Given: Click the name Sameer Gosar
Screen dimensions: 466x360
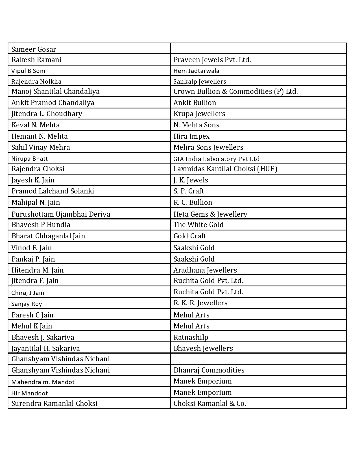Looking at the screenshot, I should pos(34,49).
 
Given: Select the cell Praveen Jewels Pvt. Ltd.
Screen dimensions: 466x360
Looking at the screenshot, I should pos(212,60).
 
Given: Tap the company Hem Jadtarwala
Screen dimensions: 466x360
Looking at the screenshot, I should pos(196,71).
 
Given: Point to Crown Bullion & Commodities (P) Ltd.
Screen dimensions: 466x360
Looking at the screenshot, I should pos(235,92).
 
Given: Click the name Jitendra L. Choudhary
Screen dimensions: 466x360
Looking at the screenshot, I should pos(47,114).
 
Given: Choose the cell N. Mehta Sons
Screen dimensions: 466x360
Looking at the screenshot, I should pos(196,125).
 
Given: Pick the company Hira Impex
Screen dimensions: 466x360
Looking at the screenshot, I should pos(191,136).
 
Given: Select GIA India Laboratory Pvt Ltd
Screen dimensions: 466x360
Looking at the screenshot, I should pos(216,159).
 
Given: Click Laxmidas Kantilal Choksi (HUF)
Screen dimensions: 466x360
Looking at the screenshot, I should pos(225,169).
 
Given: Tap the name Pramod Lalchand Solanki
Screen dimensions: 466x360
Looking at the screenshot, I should pos(53,191).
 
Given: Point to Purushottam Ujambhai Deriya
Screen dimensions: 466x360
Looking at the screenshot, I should pos(61,214).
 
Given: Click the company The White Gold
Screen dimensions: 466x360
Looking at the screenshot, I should pos(198,225).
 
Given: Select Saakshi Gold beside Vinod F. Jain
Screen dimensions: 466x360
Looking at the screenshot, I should pos(194,248).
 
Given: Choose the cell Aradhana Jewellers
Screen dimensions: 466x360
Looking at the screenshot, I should pos(205,270).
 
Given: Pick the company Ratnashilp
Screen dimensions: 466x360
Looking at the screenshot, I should pos(191,337).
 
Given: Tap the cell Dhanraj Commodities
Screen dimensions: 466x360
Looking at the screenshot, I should pos(209,370).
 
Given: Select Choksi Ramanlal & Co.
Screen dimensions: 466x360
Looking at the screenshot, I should pos(210,404).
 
